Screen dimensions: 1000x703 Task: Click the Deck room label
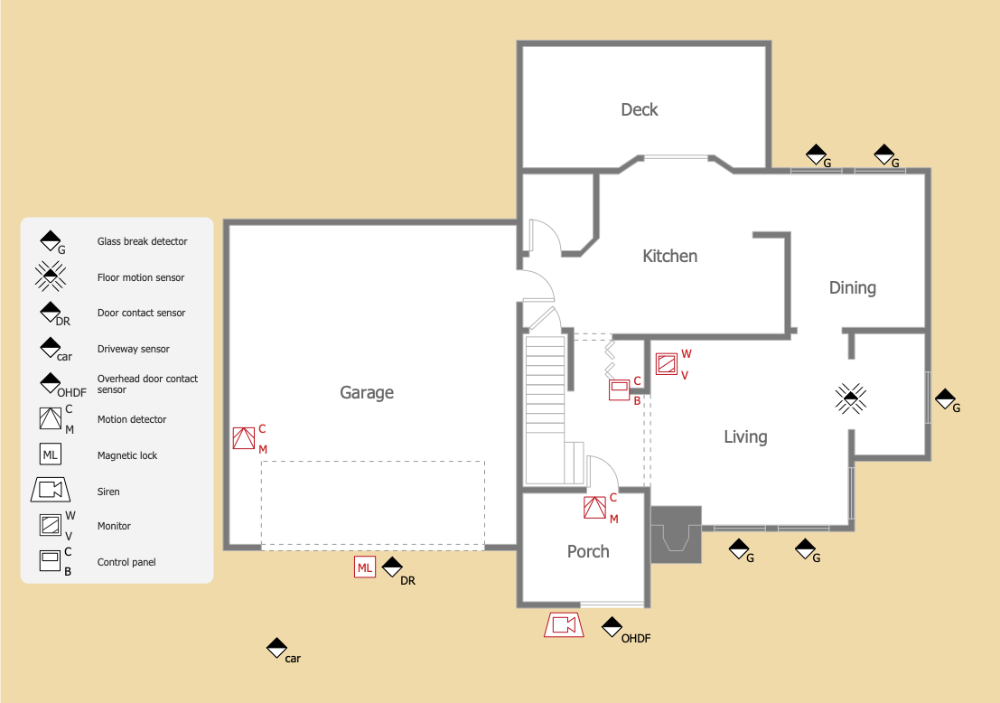639,109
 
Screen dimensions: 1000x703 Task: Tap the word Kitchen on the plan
669,256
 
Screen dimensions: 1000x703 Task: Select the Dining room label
852,287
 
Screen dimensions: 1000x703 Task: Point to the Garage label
367,392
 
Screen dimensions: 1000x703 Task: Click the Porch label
588,551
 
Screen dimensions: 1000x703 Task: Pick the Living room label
745,437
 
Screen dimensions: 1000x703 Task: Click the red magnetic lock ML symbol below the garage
365,567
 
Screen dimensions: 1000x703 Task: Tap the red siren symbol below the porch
564,624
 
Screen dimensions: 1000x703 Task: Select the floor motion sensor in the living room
851,398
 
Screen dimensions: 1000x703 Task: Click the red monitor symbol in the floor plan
667,364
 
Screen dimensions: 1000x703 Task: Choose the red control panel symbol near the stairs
620,389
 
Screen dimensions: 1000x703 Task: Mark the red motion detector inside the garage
244,438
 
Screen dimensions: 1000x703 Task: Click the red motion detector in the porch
595,508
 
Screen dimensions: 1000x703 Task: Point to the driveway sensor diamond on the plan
276,648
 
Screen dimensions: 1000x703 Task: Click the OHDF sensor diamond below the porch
612,627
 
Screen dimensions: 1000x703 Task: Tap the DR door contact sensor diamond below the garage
392,567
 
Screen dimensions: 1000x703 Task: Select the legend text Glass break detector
142,241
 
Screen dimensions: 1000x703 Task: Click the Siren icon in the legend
51,490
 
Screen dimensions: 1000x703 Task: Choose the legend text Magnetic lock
126,455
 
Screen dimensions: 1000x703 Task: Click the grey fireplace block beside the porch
676,535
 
